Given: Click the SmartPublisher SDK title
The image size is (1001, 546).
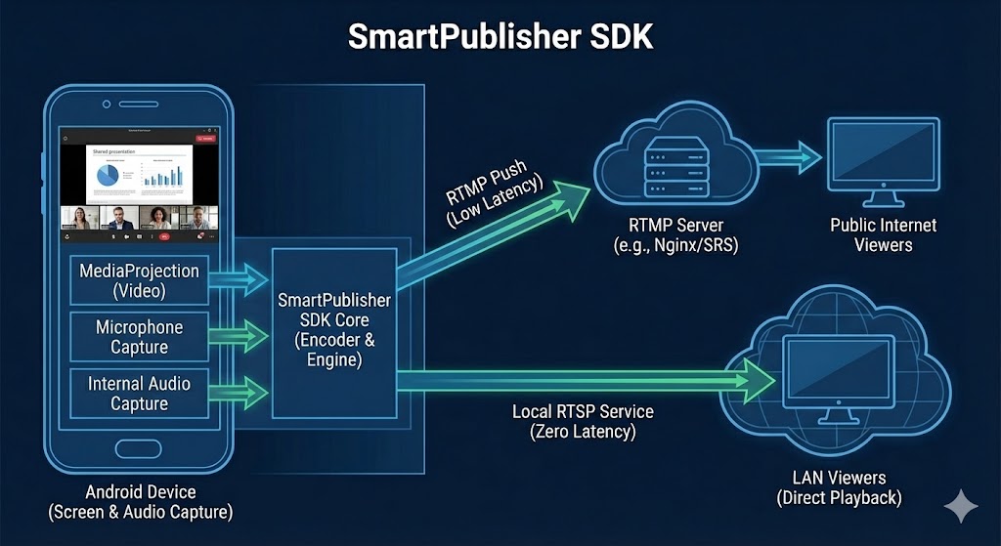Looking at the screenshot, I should click(x=500, y=36).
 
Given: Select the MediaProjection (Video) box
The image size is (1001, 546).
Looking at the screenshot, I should click(x=139, y=280).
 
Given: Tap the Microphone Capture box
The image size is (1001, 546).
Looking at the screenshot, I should click(x=139, y=337).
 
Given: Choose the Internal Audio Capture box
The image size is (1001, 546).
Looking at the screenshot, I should click(x=139, y=394).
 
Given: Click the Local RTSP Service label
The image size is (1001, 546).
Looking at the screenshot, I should click(x=583, y=421).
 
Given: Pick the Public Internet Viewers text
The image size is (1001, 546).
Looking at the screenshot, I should click(x=883, y=234).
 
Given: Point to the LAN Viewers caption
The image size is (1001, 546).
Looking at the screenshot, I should click(x=839, y=487).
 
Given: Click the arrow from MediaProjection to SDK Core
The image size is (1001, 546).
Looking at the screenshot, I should click(x=239, y=279).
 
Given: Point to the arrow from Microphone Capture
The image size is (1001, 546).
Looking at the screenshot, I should click(x=239, y=337).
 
